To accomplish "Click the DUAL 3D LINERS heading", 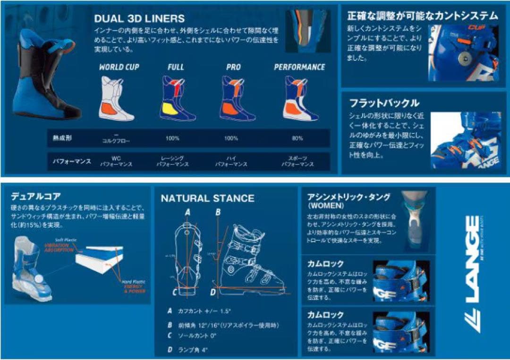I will pyautogui.click(x=139, y=19).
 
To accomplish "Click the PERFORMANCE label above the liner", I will pyautogui.click(x=299, y=67).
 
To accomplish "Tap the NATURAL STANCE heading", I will pyautogui.click(x=207, y=198).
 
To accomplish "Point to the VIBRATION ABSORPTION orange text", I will pyautogui.click(x=59, y=248).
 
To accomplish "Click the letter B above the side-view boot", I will pyautogui.click(x=218, y=212).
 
